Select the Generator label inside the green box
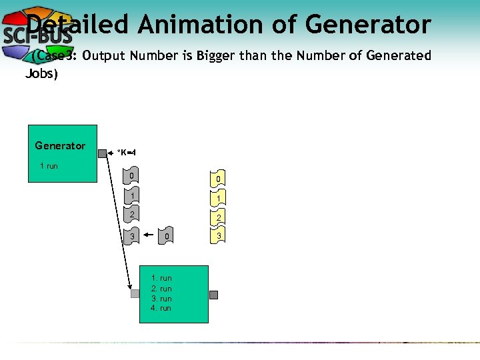click(x=60, y=145)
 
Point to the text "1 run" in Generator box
click(x=49, y=165)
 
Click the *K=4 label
click(x=127, y=153)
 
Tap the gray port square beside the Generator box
click(x=102, y=153)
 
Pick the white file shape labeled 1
click(x=133, y=197)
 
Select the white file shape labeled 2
click(x=133, y=215)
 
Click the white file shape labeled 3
click(x=133, y=236)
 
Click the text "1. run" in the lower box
click(x=161, y=278)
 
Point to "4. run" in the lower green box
click(x=161, y=309)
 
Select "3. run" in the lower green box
click(x=161, y=299)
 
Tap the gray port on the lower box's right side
click(x=213, y=295)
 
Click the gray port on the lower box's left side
click(x=135, y=293)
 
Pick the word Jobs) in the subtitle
click(x=41, y=73)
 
